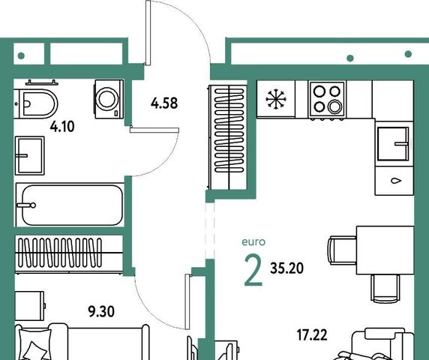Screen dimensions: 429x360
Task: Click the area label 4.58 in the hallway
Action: (x=164, y=103)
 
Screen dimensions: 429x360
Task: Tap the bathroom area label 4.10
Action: (x=62, y=127)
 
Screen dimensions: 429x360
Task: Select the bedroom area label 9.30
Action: (x=101, y=311)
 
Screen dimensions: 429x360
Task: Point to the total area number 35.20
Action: (x=286, y=268)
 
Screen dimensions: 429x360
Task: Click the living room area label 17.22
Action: (x=312, y=335)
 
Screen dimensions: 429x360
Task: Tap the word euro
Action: (x=253, y=242)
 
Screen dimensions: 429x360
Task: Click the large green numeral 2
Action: (x=253, y=270)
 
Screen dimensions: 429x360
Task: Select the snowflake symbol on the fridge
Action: (x=276, y=99)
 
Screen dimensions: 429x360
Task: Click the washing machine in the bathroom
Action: (x=109, y=99)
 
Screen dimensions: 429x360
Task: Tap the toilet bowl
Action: (x=37, y=104)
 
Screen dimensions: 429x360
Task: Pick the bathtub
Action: (x=70, y=205)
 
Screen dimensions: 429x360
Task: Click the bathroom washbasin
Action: (x=29, y=156)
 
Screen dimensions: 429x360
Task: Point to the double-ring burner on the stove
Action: (x=334, y=106)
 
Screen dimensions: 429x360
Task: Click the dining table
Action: (x=385, y=250)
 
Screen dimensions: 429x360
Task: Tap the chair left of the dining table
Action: (x=342, y=250)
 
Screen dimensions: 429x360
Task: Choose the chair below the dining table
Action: (x=385, y=289)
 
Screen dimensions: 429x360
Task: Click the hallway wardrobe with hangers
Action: (x=228, y=137)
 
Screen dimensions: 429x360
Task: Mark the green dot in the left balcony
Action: (x=21, y=55)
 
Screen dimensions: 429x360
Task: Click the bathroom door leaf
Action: (x=154, y=130)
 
